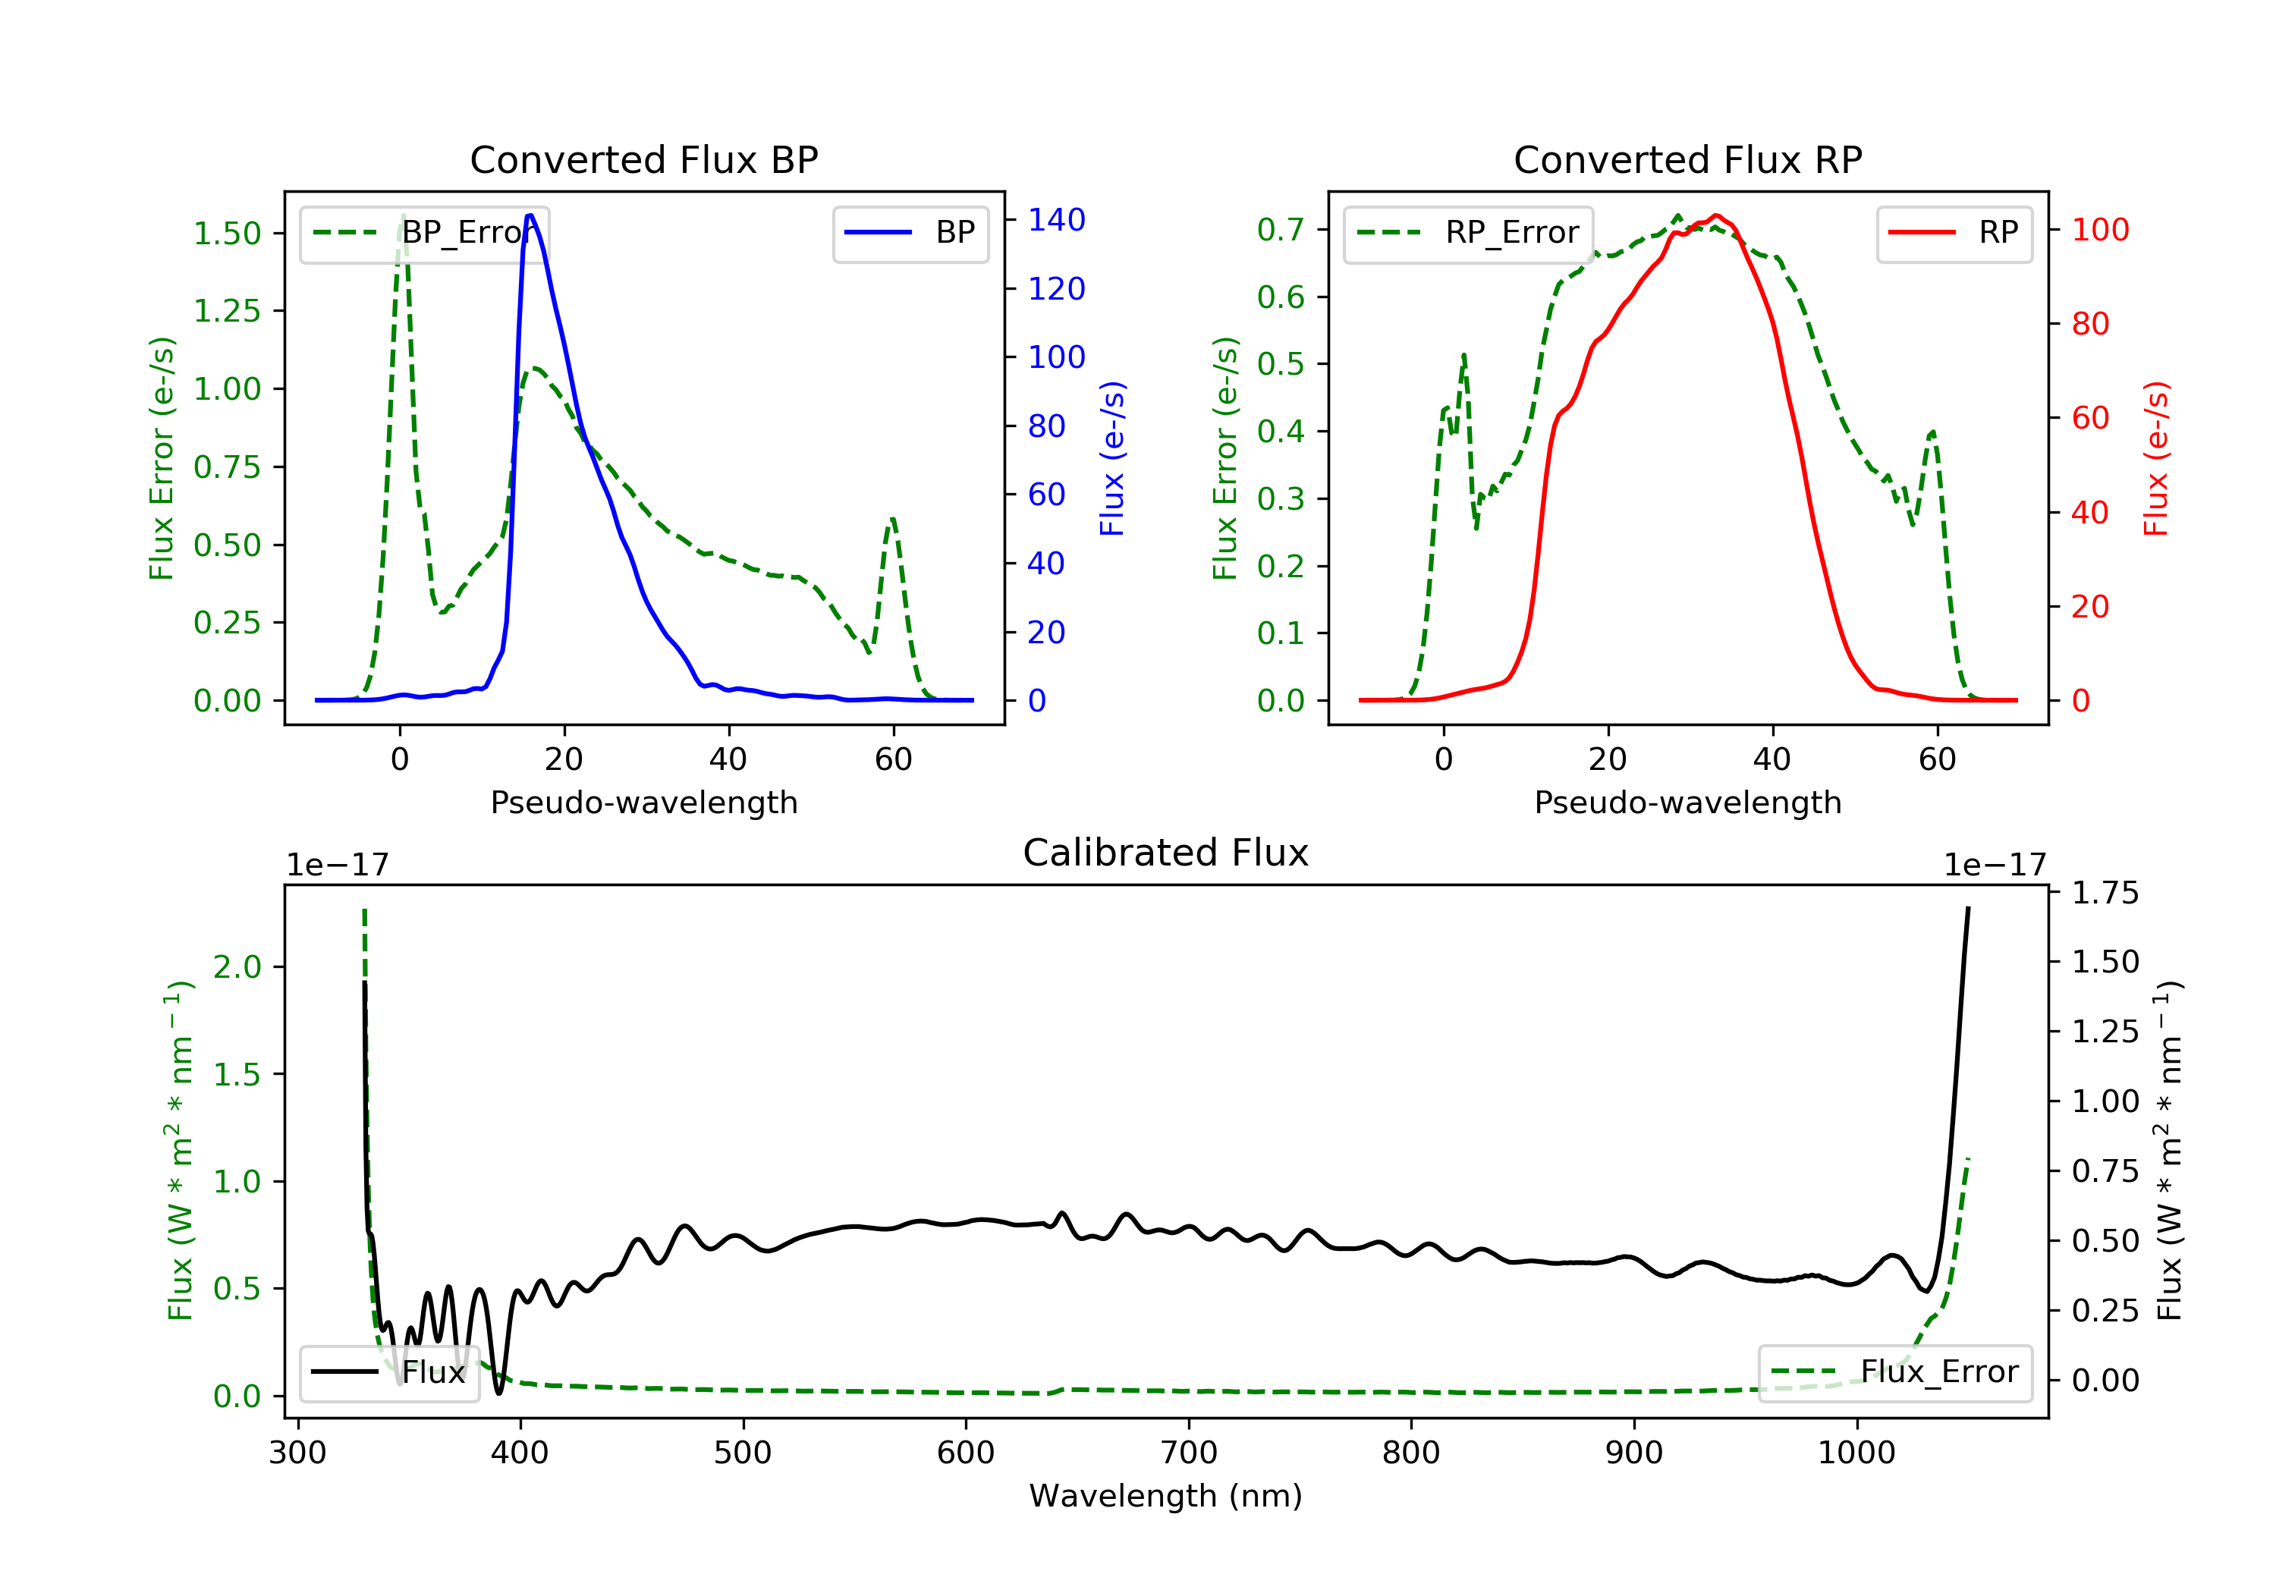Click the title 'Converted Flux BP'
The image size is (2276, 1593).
point(643,159)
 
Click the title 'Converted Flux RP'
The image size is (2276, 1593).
point(1687,159)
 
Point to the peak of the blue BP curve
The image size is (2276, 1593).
point(530,215)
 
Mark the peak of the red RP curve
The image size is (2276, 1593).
point(1716,215)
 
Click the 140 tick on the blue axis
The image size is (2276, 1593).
point(1056,220)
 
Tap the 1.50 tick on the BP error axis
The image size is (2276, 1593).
point(227,234)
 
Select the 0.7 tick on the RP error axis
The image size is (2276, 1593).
point(1280,230)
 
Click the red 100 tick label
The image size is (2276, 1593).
point(2099,230)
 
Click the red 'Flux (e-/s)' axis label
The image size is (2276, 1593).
point(2156,458)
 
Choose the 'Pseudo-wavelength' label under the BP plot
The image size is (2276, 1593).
point(643,802)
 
